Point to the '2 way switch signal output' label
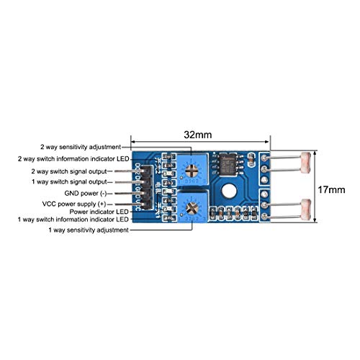pos(69,171)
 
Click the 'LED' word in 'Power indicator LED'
pos(121,212)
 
